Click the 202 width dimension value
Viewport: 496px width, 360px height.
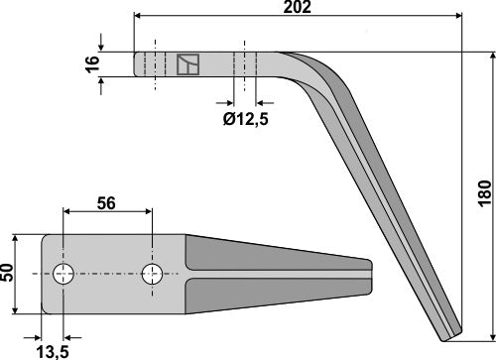298,8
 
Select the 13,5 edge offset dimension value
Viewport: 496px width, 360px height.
52,348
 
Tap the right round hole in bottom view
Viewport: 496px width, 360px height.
152,273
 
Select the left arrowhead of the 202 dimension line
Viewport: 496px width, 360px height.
137,16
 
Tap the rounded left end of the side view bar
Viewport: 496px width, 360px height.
136,64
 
